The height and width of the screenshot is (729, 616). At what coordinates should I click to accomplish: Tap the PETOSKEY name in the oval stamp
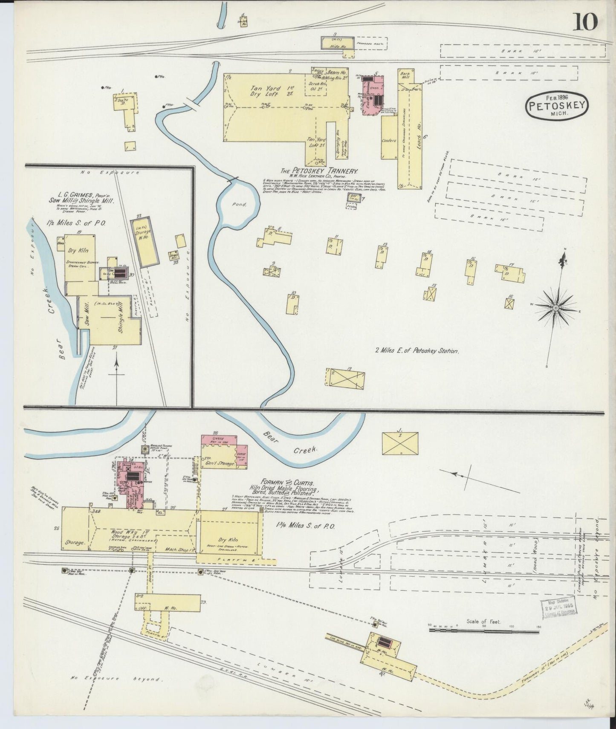557,106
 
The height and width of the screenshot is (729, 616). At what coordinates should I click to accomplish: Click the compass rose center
556,307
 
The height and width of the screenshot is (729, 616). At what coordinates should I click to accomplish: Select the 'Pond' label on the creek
240,205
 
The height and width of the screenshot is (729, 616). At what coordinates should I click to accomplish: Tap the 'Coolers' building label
389,140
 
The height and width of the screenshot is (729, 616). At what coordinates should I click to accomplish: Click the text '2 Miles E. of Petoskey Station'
416,351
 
